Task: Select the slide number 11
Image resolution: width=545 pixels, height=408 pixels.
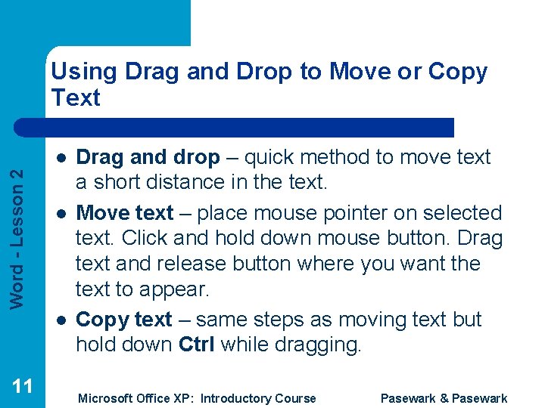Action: click(23, 386)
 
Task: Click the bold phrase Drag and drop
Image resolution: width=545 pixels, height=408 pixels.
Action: click(148, 157)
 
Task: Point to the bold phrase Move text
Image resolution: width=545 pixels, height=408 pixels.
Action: click(125, 213)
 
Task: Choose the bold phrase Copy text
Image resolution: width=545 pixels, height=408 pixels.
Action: click(124, 320)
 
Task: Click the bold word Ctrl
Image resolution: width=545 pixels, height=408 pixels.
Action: click(196, 345)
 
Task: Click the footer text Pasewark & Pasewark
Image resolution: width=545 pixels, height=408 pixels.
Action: click(444, 398)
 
